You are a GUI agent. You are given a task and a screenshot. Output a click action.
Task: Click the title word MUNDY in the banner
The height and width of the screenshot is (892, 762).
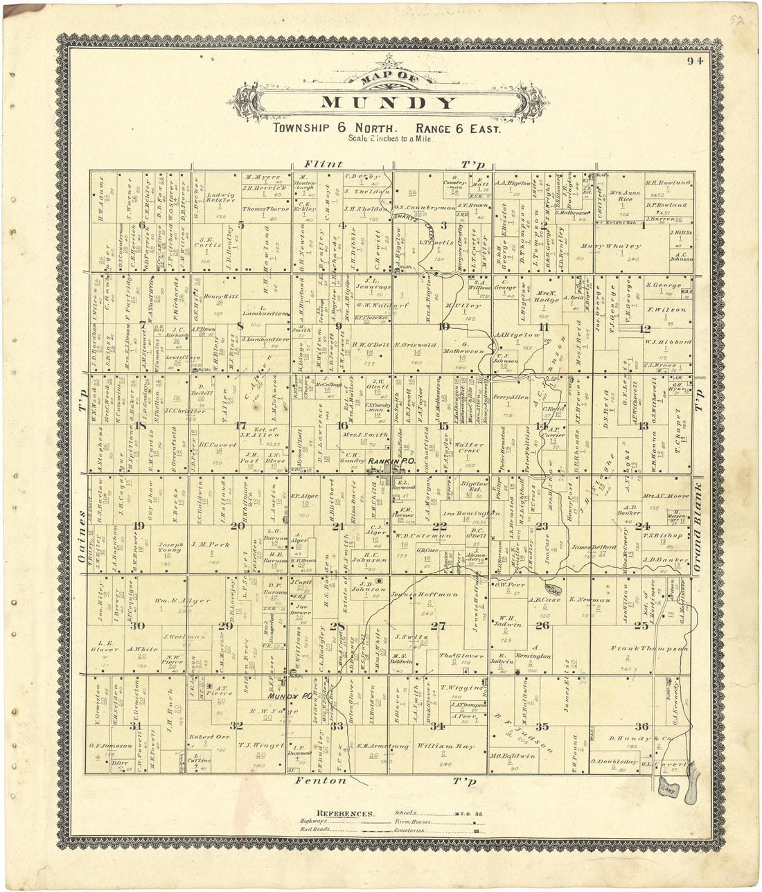point(389,104)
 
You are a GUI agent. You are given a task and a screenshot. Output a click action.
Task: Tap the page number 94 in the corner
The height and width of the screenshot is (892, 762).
point(695,61)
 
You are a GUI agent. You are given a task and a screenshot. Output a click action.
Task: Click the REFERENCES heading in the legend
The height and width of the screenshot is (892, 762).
point(346,814)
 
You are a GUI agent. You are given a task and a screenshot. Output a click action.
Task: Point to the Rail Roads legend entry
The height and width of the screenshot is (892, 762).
point(315,829)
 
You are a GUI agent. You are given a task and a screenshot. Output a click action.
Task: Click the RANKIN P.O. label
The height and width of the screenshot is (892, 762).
point(386,461)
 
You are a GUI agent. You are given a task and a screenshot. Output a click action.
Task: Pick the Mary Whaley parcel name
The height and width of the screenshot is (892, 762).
point(612,247)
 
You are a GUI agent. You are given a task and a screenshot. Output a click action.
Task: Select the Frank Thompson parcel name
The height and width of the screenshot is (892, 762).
point(649,649)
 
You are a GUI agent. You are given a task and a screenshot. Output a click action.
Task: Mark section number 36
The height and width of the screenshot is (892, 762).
point(642,726)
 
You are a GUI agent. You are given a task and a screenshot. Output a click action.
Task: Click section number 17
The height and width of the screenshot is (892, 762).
point(241,425)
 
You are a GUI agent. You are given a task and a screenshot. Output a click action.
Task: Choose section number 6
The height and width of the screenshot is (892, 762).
point(142,224)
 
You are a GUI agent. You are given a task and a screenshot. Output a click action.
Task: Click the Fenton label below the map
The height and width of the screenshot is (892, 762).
point(321,780)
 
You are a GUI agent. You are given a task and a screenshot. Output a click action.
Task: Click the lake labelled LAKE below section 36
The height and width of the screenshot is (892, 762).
point(668,788)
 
